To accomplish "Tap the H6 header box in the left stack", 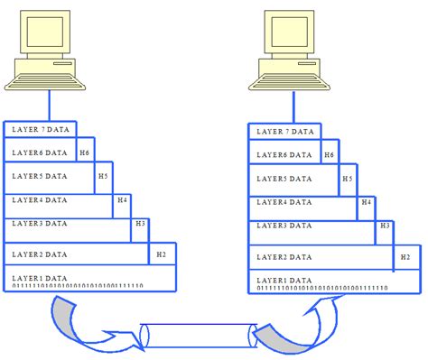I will [x=85, y=153].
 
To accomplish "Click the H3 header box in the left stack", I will [x=139, y=223].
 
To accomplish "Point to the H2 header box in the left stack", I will [x=162, y=255].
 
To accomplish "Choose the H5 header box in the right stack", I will [x=347, y=179].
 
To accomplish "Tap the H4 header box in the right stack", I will [x=366, y=202].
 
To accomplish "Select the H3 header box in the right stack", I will [x=384, y=225].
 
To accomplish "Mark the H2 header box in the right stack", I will [x=405, y=257].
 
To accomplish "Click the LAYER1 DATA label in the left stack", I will [x=38, y=279].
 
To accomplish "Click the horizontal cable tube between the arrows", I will [x=196, y=337].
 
